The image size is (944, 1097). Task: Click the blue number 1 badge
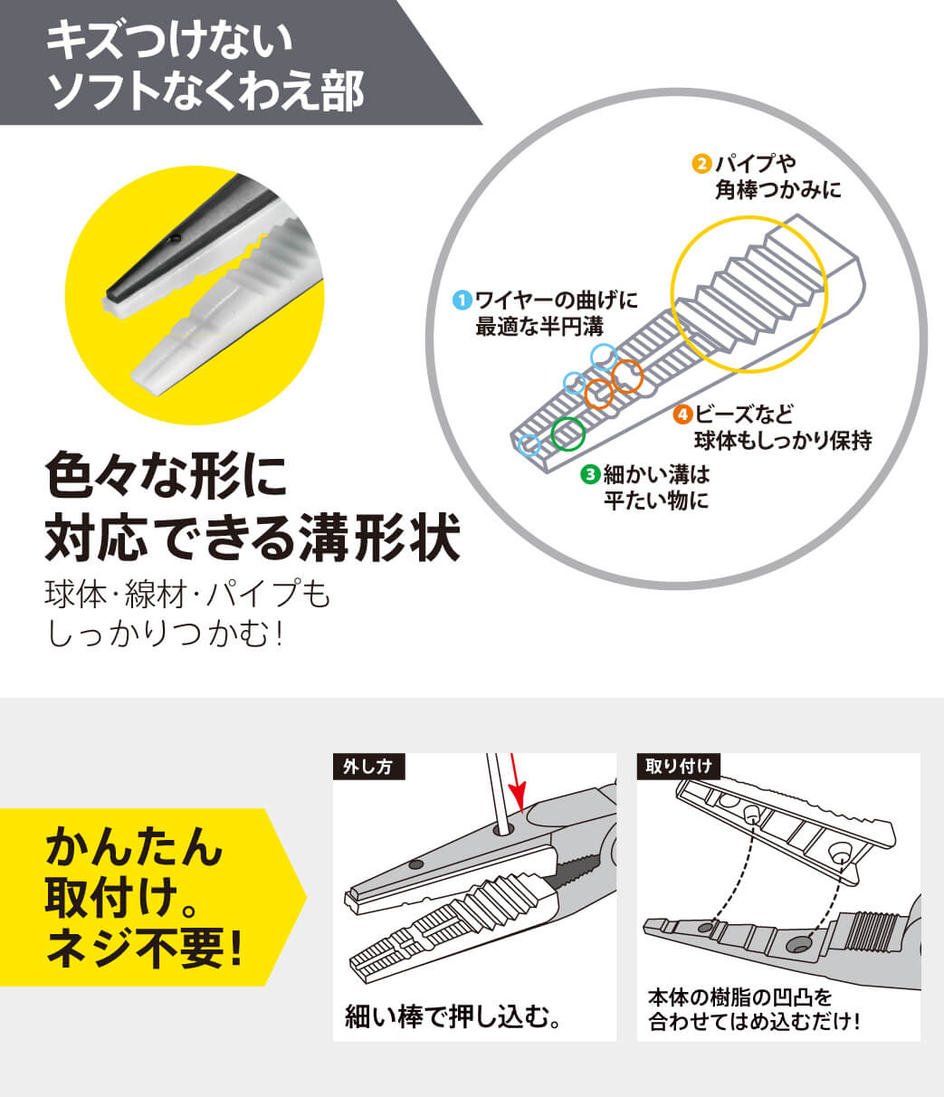click(462, 300)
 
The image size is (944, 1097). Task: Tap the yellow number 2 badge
click(701, 164)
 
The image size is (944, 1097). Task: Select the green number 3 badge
click(589, 474)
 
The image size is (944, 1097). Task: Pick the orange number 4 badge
click(682, 414)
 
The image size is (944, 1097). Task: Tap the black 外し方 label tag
click(368, 767)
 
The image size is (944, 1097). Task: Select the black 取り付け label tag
click(678, 766)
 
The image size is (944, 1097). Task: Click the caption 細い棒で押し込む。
click(453, 1016)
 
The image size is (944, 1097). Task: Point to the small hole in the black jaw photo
click(174, 239)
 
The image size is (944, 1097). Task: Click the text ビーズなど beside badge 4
click(745, 414)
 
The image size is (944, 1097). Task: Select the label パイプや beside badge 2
click(755, 164)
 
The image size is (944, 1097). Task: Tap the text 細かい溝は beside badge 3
click(656, 474)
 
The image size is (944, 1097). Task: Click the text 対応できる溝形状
click(253, 537)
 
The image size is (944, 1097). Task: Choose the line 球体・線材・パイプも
click(188, 594)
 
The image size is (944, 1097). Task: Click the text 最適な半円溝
click(539, 326)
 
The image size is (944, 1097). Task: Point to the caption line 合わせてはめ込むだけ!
click(754, 1021)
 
